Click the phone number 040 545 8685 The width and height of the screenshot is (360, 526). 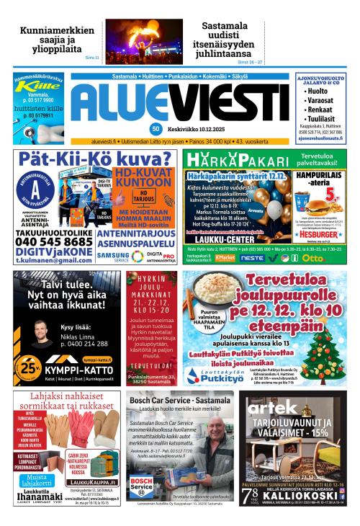pos(54,242)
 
